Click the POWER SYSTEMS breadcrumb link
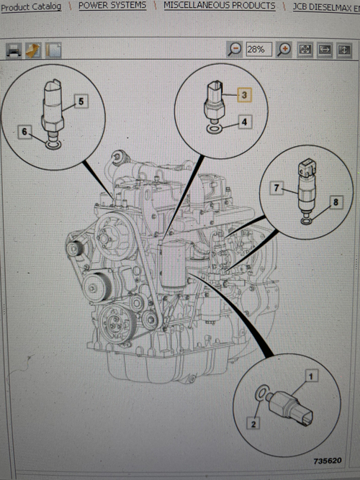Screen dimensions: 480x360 (x=112, y=5)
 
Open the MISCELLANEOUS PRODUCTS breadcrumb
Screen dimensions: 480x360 (x=219, y=5)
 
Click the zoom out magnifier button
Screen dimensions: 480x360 (x=235, y=50)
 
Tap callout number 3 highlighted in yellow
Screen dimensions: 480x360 (x=244, y=95)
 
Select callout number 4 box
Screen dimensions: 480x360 (x=244, y=122)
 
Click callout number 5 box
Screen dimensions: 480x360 (x=81, y=101)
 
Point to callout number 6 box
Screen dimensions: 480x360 (x=26, y=132)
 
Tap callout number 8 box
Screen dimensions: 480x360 (x=334, y=204)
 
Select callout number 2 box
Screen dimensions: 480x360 (x=253, y=424)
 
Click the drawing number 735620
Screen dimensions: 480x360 (x=327, y=458)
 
